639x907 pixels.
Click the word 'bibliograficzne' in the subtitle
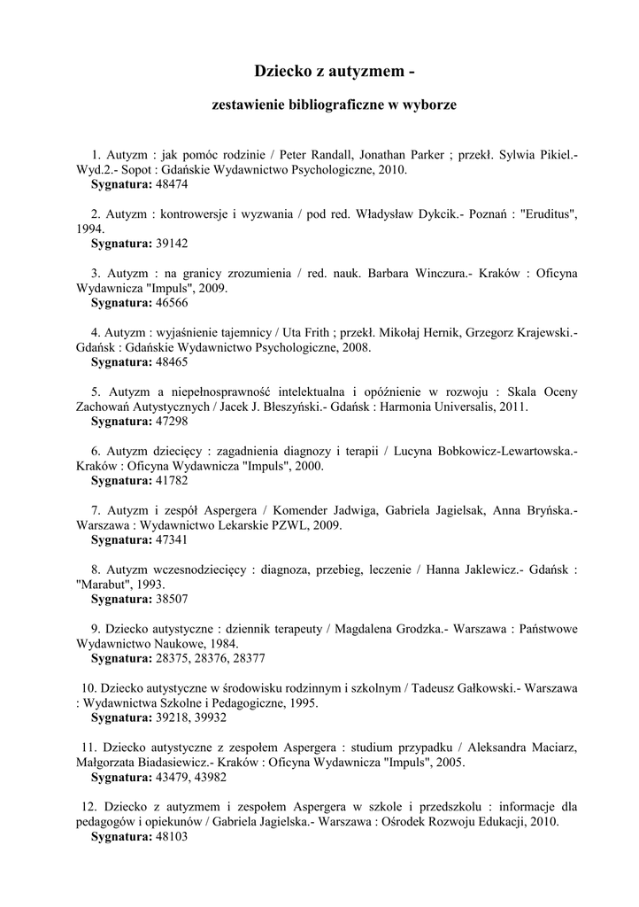(x=334, y=105)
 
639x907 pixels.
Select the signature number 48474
(x=171, y=184)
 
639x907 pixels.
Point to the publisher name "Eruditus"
(x=550, y=213)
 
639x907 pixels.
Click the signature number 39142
(x=171, y=243)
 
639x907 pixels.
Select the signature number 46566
(x=171, y=302)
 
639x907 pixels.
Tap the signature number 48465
(x=171, y=361)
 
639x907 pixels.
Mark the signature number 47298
(x=171, y=421)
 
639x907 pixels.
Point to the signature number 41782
(x=171, y=480)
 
